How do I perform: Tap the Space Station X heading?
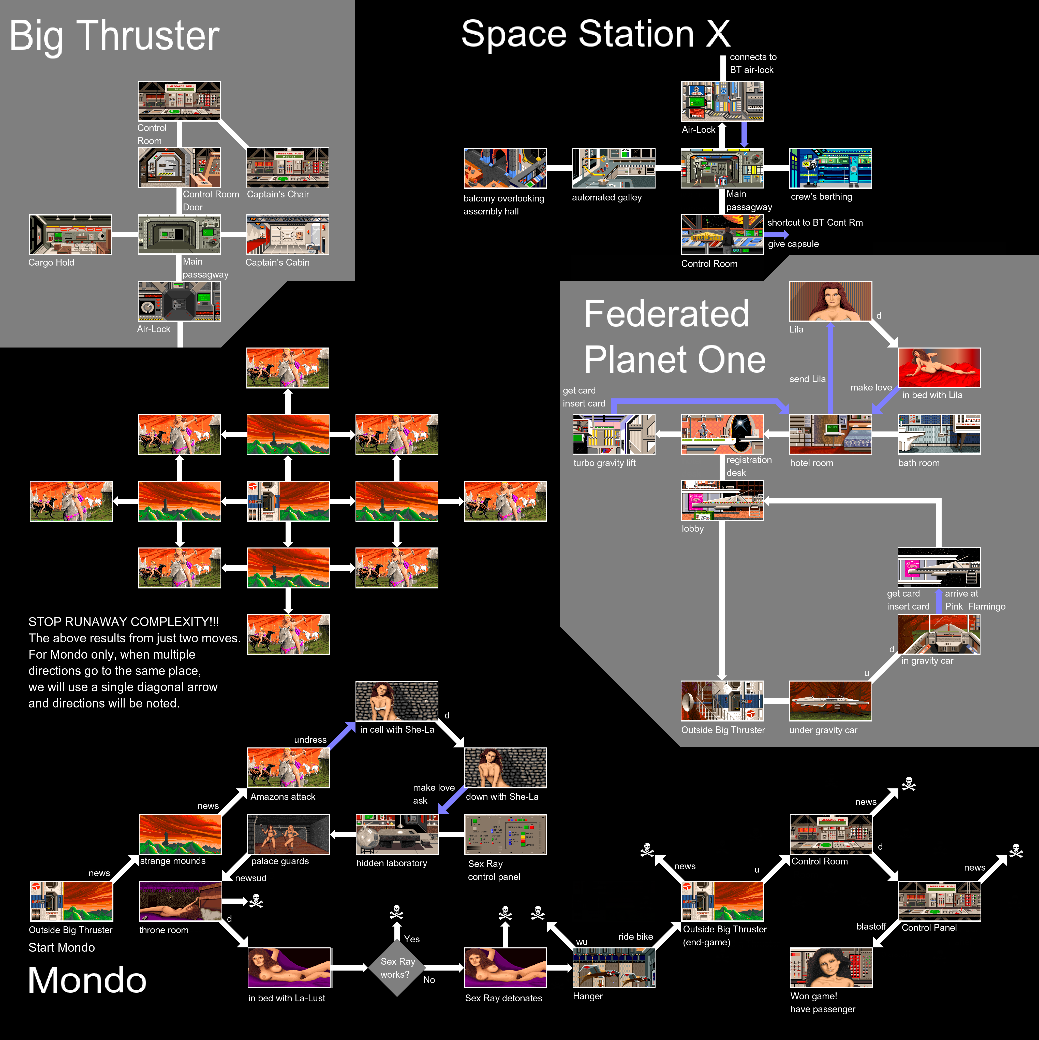(x=596, y=34)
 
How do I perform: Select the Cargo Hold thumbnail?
(x=70, y=235)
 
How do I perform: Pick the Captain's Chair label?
(x=278, y=194)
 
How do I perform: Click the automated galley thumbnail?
(x=613, y=168)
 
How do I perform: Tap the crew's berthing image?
(x=830, y=168)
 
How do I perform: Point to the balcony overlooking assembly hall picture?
(x=505, y=168)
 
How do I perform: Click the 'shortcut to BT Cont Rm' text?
(x=815, y=222)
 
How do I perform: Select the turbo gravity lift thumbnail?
(x=613, y=434)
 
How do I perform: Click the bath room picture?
(x=939, y=434)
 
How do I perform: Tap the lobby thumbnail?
(x=722, y=501)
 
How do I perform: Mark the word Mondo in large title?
(x=87, y=980)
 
